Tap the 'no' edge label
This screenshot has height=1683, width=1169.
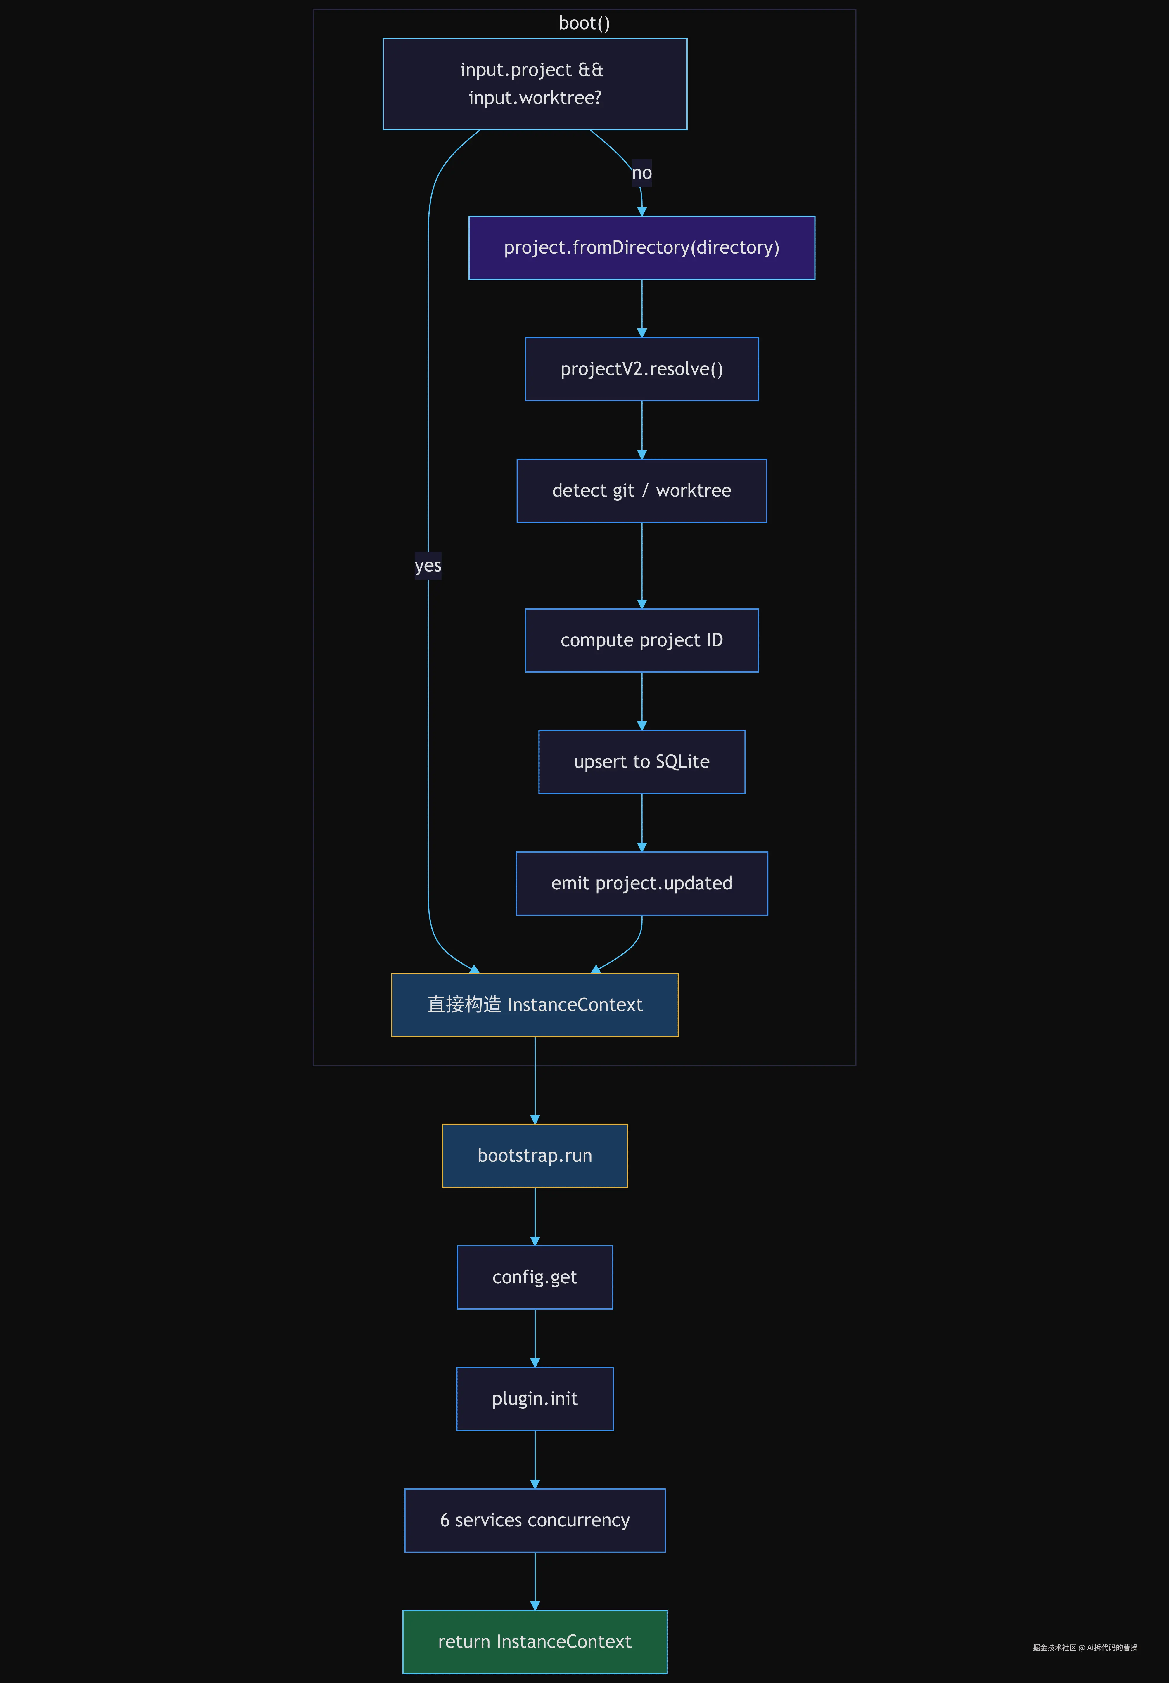click(641, 173)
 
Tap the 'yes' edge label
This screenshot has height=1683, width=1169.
click(428, 565)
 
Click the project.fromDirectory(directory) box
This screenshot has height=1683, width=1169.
click(641, 247)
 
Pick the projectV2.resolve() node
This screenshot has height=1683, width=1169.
click(641, 369)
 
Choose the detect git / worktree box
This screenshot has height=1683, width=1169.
click(641, 491)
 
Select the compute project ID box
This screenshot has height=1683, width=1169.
click(641, 640)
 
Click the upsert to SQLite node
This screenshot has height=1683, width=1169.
click(641, 762)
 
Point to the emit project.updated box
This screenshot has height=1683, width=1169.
click(641, 883)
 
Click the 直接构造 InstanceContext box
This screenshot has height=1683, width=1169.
click(535, 1005)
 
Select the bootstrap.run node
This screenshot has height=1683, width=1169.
click(535, 1156)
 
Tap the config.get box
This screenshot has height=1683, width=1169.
click(535, 1277)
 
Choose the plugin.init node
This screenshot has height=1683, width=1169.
click(535, 1399)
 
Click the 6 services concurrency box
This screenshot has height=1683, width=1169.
click(535, 1521)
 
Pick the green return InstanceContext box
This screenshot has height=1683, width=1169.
click(535, 1642)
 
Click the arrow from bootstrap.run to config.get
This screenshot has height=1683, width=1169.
click(535, 1216)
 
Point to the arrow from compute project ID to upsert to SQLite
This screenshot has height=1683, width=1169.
click(641, 701)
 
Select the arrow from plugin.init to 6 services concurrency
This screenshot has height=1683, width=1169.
click(535, 1460)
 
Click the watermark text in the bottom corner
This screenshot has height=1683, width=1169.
click(1085, 1647)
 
